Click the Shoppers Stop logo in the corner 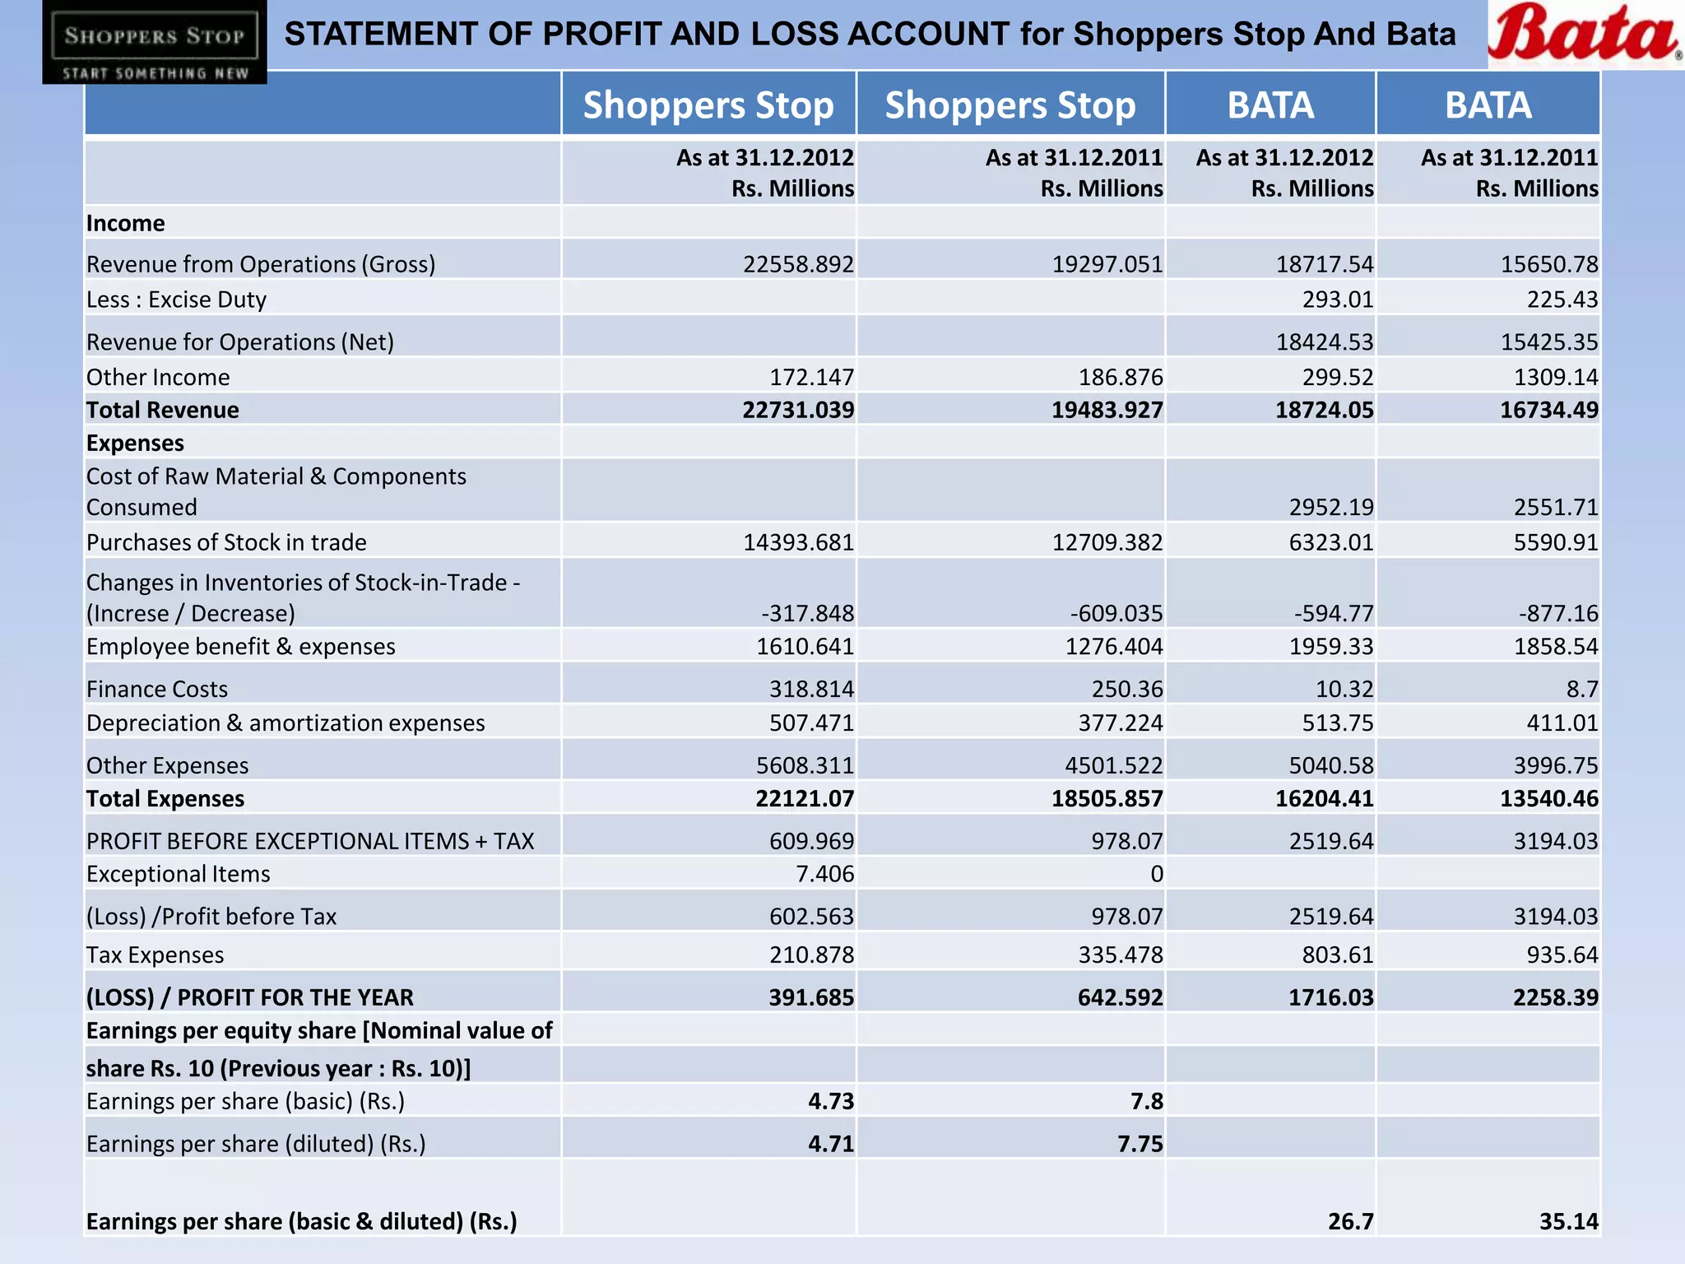(x=155, y=42)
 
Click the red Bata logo (x=1585, y=35)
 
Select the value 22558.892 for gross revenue (x=798, y=264)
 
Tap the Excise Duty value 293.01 (x=1337, y=300)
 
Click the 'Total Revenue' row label (x=163, y=410)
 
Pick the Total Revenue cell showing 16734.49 (x=1548, y=410)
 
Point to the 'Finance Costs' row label (x=157, y=689)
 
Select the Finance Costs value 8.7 (x=1581, y=689)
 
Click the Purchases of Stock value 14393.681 (x=798, y=542)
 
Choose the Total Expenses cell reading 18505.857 (x=1107, y=798)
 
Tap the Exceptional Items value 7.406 (x=824, y=874)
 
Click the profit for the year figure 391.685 (x=811, y=997)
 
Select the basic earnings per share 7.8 (x=1146, y=1101)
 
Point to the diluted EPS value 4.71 (x=831, y=1144)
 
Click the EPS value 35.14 (x=1568, y=1221)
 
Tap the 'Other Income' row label (x=158, y=377)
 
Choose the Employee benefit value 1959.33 (x=1330, y=647)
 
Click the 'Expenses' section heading (x=135, y=443)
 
